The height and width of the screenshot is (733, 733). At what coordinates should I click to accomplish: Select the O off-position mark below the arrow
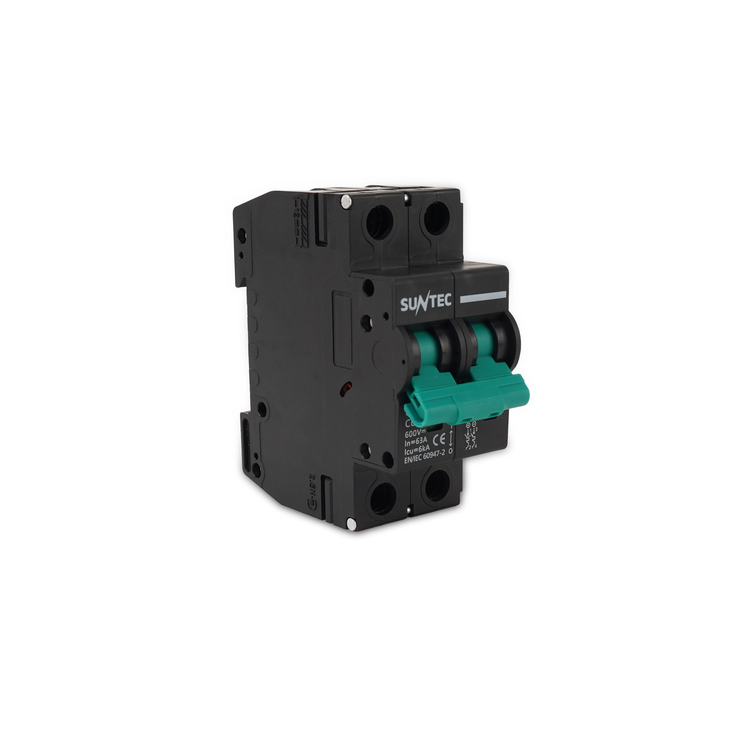[x=450, y=451]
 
